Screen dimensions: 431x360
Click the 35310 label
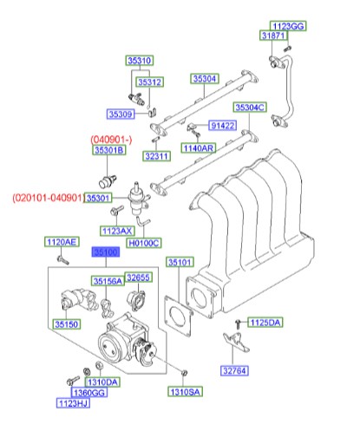coord(139,61)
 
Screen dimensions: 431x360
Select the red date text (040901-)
coord(112,139)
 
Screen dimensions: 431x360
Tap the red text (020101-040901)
coord(47,198)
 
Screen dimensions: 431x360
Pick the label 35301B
coord(110,151)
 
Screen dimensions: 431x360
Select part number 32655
coord(138,278)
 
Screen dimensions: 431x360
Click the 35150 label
coord(67,324)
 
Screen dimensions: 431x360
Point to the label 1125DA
coord(265,323)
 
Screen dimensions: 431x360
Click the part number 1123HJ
coord(73,403)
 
